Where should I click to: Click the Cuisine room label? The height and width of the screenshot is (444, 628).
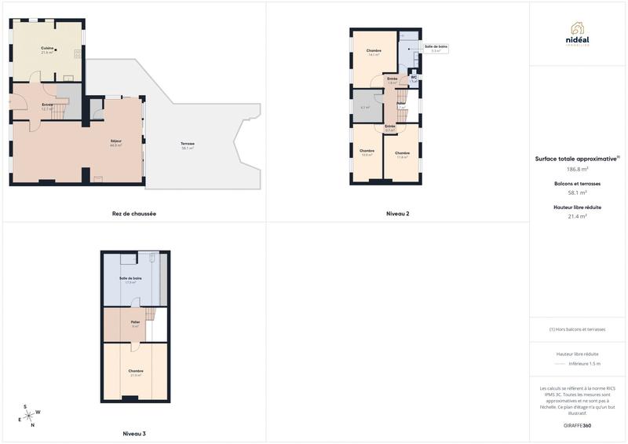tap(47, 50)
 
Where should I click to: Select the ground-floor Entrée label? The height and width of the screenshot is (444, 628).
tap(47, 106)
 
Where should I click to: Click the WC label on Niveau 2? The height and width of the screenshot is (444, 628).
tap(414, 79)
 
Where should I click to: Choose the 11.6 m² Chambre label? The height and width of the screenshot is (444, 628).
tap(402, 154)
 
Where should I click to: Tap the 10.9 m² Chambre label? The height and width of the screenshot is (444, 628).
tap(367, 152)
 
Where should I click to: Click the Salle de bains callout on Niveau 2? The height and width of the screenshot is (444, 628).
tap(436, 48)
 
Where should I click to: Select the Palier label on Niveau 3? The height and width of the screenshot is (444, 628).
tap(135, 322)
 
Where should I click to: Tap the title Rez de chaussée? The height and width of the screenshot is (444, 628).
tap(134, 214)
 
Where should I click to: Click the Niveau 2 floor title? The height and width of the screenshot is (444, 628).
tap(397, 214)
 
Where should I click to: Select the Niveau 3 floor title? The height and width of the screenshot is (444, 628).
tap(134, 434)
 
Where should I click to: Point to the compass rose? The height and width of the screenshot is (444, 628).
tap(31, 413)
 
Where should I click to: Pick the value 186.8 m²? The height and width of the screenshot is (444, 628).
tap(578, 169)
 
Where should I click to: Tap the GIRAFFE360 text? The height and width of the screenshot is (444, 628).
tap(577, 425)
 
